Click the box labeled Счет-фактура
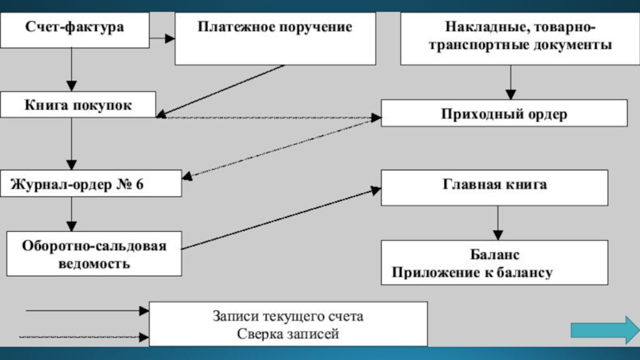pos(74,28)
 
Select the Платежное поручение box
pos(274,38)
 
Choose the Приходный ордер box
pos(503,114)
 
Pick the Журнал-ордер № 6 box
pos(90,184)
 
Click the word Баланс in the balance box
pos(495,254)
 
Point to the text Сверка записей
pos(288,333)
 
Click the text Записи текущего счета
pos(288,316)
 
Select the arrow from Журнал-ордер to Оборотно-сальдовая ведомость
pos(73,214)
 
